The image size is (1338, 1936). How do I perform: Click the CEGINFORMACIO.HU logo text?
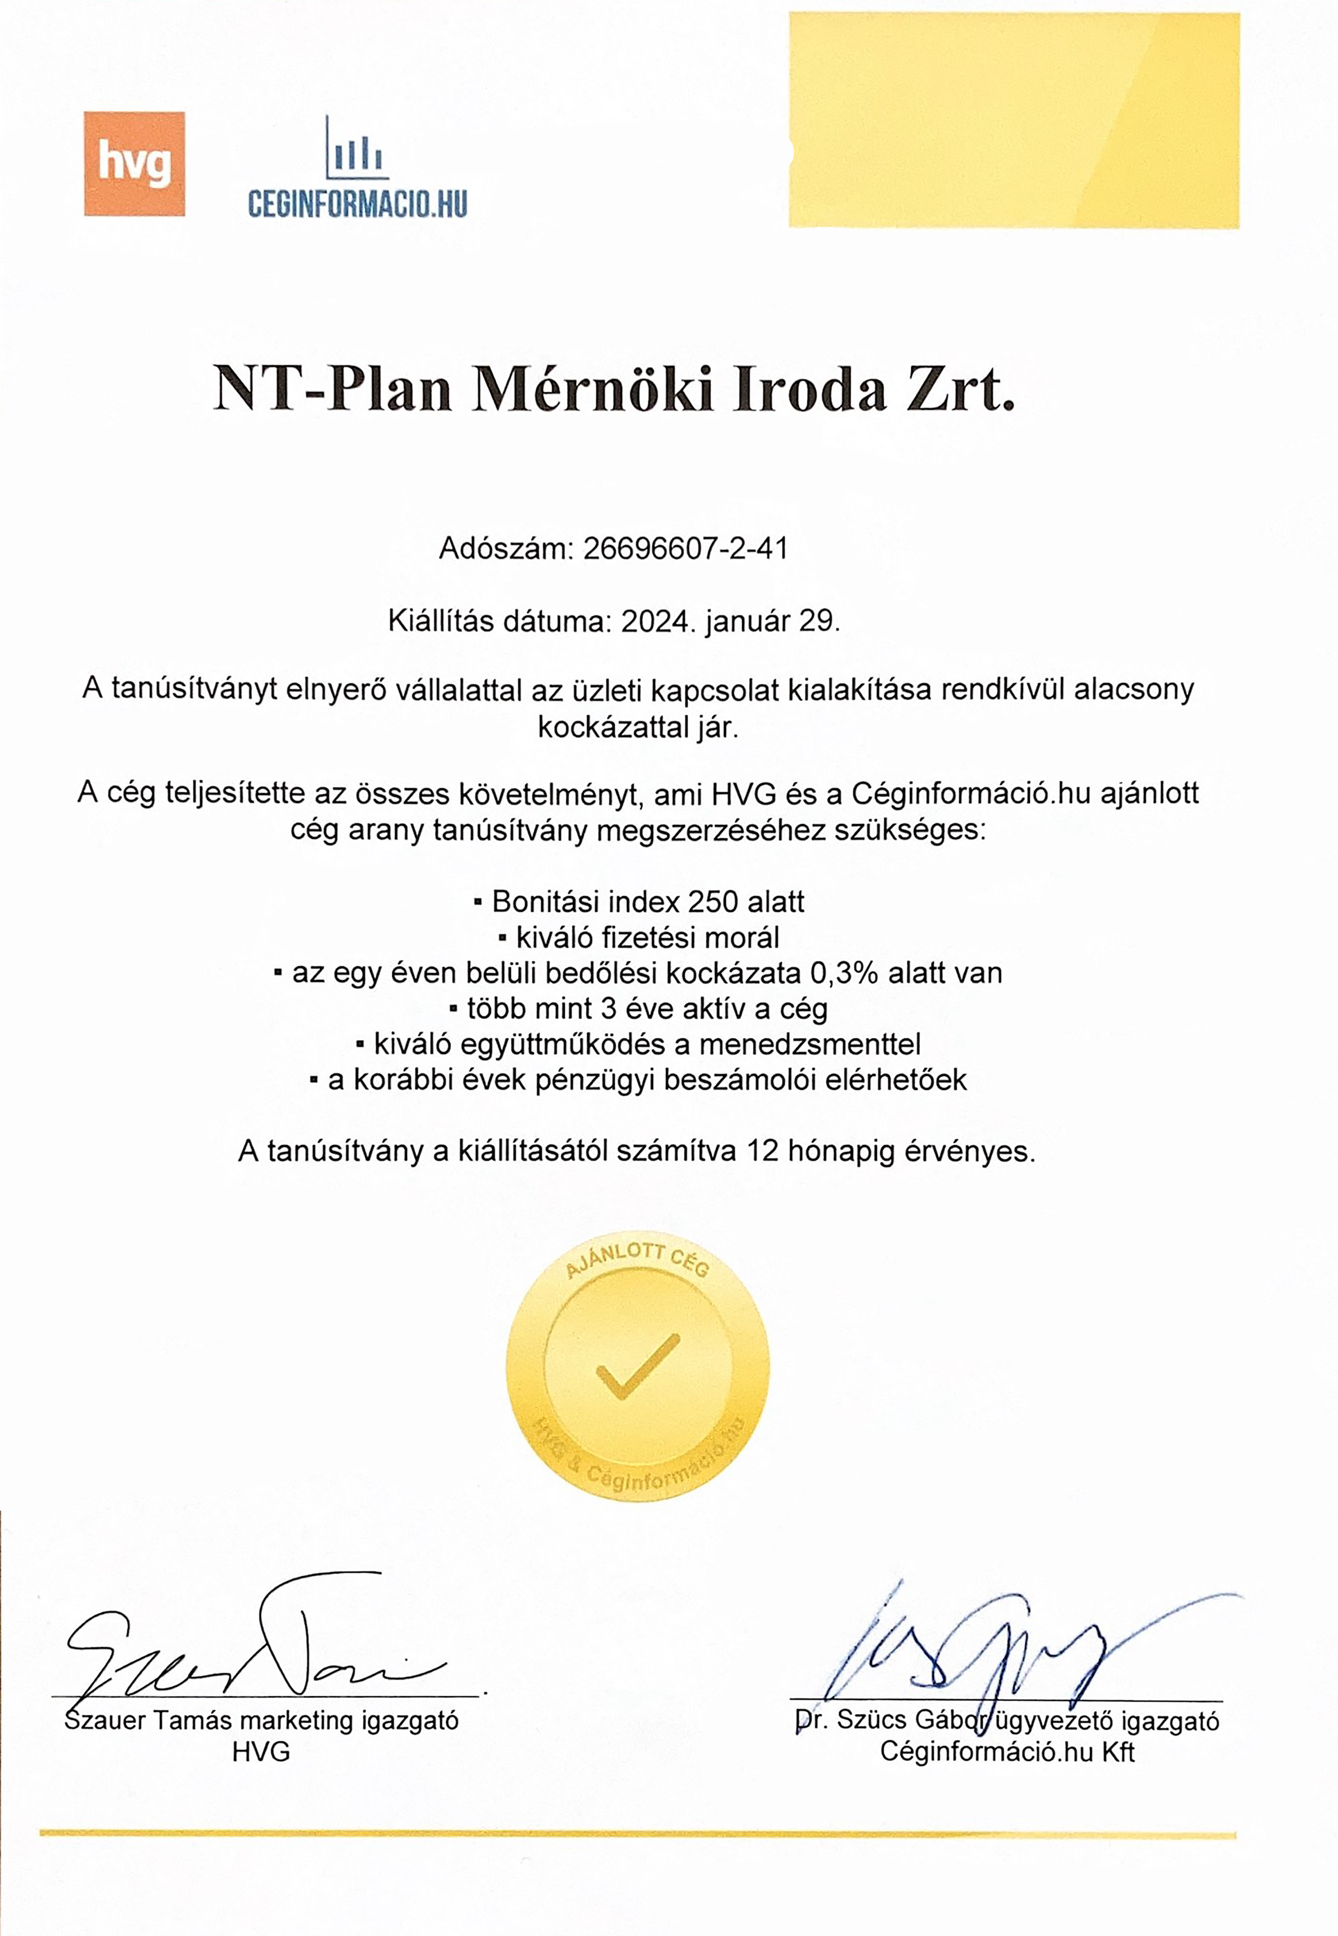point(357,204)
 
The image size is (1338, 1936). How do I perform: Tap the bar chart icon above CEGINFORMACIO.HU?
point(356,149)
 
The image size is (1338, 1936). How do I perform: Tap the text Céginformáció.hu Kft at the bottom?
point(1007,1752)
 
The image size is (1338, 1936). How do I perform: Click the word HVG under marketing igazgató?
point(262,1752)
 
